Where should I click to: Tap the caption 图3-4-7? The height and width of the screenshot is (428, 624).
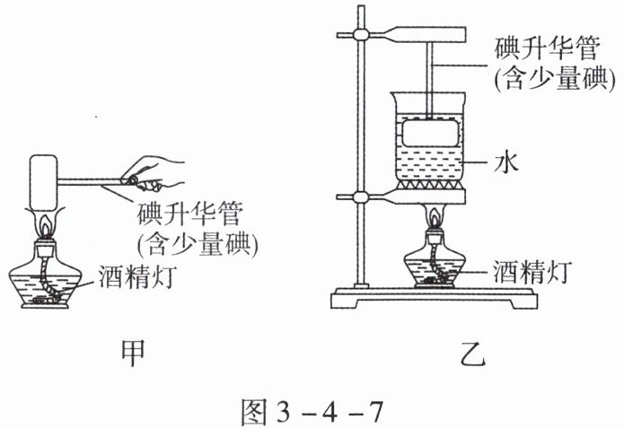[x=312, y=406]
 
